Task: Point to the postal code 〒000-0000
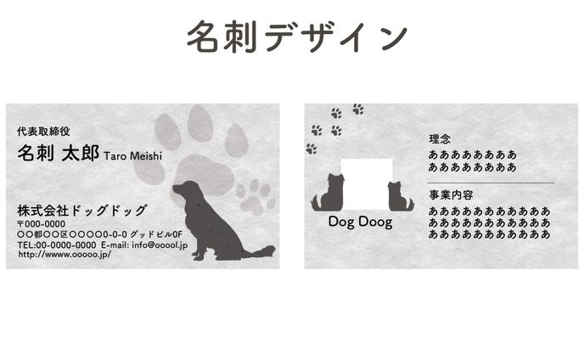pyautogui.click(x=42, y=223)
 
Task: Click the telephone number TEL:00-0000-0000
pyautogui.click(x=57, y=245)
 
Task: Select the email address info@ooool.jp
pyautogui.click(x=158, y=245)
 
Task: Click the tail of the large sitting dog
pyautogui.click(x=258, y=251)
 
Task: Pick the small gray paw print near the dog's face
pyautogui.click(x=255, y=194)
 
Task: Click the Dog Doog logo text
pyautogui.click(x=360, y=222)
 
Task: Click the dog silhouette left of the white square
pyautogui.click(x=327, y=193)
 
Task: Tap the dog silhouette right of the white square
pyautogui.click(x=399, y=196)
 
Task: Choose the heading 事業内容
pyautogui.click(x=451, y=194)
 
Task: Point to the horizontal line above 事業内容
pyautogui.click(x=489, y=183)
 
